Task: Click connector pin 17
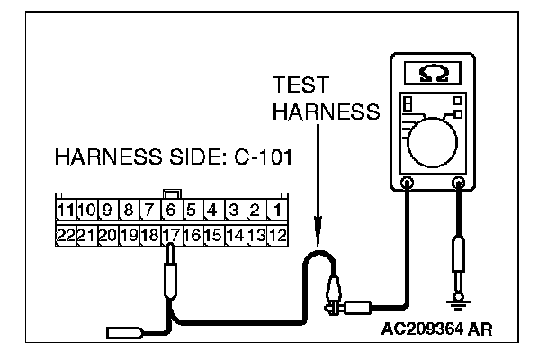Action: (x=172, y=234)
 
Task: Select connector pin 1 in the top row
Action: (x=278, y=211)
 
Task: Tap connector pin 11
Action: (x=64, y=211)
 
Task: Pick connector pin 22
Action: (x=64, y=234)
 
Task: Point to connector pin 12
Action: (x=278, y=234)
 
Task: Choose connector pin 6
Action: (x=172, y=211)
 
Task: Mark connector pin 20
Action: (x=107, y=234)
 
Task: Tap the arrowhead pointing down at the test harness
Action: (x=317, y=237)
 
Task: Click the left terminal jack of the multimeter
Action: (x=407, y=184)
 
